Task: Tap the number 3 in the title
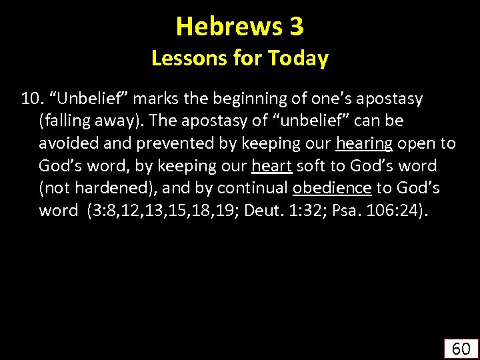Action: (x=297, y=26)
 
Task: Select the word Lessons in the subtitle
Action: (x=185, y=59)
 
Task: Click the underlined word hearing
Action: (x=365, y=143)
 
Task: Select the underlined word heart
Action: (x=272, y=165)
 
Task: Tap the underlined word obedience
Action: (x=331, y=187)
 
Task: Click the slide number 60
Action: (x=461, y=347)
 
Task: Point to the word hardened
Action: (x=103, y=187)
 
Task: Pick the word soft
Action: (x=313, y=165)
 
